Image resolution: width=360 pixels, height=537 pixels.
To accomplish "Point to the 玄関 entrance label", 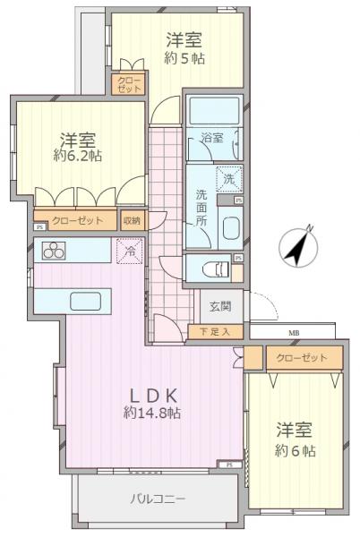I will pos(220,306).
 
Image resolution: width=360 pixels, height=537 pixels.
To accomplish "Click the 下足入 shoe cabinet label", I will pos(215,332).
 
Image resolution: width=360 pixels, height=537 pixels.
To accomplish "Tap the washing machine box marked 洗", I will pos(227,179).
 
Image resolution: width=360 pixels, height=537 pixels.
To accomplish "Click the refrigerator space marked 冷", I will pos(129,251).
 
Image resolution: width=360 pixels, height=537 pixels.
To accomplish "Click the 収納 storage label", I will pos(132,220).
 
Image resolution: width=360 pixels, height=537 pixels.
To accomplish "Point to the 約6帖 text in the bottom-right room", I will pos(296,451).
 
